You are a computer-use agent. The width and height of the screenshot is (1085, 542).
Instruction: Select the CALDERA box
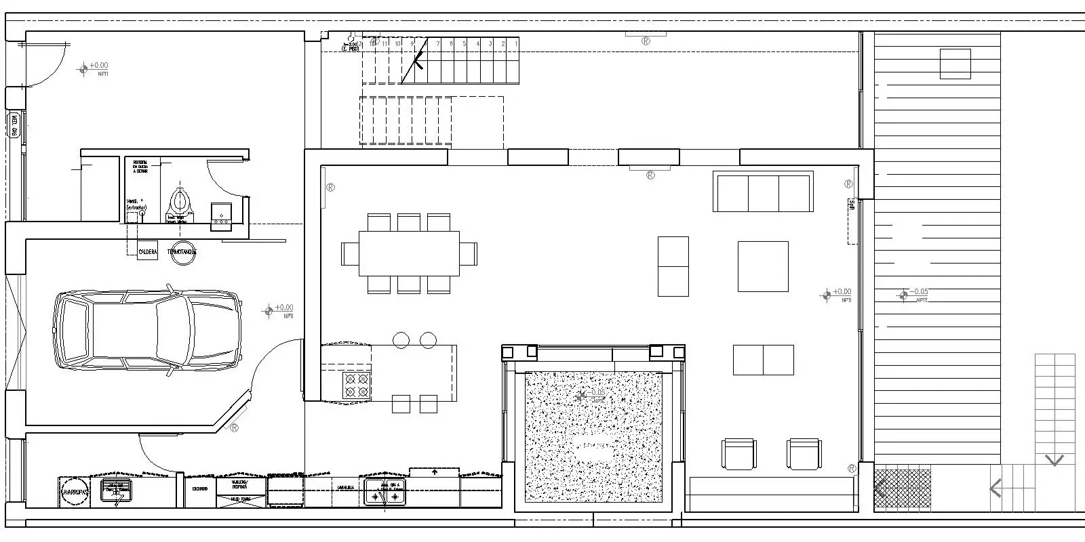[148, 251]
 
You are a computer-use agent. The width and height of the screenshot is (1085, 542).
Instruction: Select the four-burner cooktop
[356, 385]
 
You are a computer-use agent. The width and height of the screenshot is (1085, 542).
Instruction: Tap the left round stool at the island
[401, 339]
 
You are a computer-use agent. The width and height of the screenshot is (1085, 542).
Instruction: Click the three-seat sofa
[763, 192]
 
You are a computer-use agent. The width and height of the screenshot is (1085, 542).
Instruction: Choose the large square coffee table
[763, 266]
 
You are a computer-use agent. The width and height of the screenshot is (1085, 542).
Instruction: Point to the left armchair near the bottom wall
[739, 454]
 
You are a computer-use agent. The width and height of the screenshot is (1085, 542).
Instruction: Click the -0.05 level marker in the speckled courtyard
[582, 395]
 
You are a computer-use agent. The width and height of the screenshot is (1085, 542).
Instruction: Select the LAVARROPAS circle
[75, 491]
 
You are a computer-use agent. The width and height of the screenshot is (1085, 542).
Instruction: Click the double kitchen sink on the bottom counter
[385, 493]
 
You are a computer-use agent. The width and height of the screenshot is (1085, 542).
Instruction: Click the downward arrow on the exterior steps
[1054, 461]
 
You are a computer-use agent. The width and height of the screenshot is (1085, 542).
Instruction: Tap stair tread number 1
[516, 43]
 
